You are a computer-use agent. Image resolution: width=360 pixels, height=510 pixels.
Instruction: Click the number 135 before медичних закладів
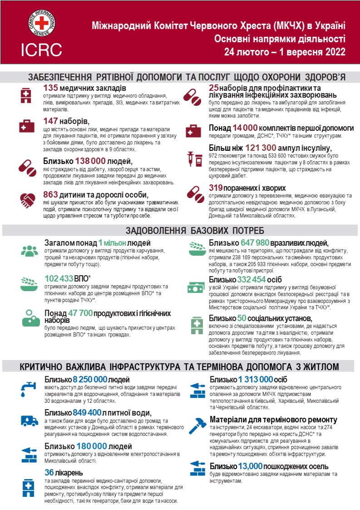(x=51, y=88)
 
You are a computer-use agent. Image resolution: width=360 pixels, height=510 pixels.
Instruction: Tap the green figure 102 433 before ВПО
(x=59, y=278)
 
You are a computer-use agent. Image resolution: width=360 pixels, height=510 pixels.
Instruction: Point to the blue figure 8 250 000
(x=94, y=380)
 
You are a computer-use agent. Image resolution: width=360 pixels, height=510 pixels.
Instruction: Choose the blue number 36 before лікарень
(x=49, y=473)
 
